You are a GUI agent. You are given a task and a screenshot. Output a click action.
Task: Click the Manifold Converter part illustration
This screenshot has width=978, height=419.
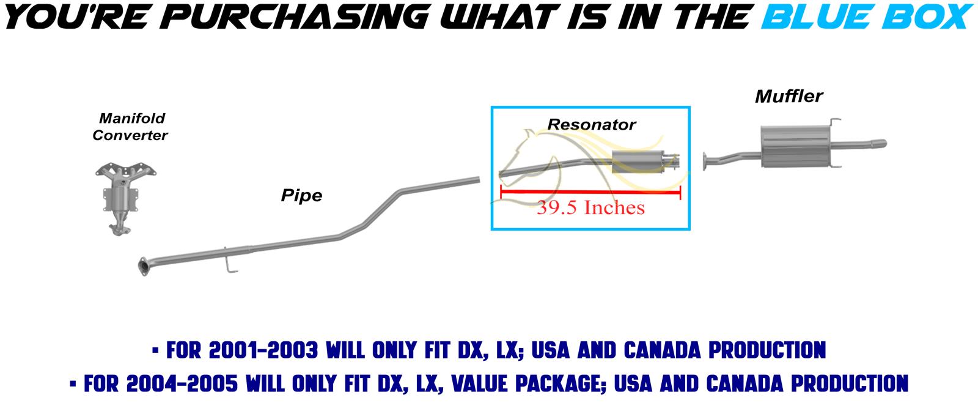tap(126, 199)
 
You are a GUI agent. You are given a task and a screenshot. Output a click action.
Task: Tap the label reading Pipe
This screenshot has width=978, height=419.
tap(302, 196)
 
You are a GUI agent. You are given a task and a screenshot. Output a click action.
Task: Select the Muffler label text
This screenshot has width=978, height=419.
tap(789, 97)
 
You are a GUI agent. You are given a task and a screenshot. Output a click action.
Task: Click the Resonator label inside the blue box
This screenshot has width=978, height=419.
tap(592, 125)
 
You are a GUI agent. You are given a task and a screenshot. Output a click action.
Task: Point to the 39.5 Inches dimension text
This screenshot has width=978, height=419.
tap(590, 207)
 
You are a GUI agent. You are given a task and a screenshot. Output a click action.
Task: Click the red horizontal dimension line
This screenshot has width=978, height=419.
tap(590, 192)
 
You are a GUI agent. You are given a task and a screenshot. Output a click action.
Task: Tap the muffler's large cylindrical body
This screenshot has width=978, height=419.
tap(795, 146)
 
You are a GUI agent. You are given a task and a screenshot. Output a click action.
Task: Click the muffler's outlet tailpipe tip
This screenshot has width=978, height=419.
tap(878, 143)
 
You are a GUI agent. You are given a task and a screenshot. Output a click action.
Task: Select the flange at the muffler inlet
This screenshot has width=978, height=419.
tap(705, 161)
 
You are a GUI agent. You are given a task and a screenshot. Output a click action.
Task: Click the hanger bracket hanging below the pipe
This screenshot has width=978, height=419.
tap(229, 262)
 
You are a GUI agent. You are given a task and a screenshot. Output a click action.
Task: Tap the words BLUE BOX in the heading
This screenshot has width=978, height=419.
tap(867, 17)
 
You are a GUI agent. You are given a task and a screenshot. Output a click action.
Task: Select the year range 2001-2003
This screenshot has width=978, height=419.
tap(263, 350)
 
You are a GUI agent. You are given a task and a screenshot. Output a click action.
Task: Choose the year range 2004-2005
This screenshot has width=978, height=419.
tap(183, 384)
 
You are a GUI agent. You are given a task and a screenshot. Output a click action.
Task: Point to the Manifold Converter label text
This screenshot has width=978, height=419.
tap(130, 127)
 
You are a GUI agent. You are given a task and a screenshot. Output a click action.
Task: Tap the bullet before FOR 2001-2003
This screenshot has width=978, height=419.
tap(155, 350)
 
